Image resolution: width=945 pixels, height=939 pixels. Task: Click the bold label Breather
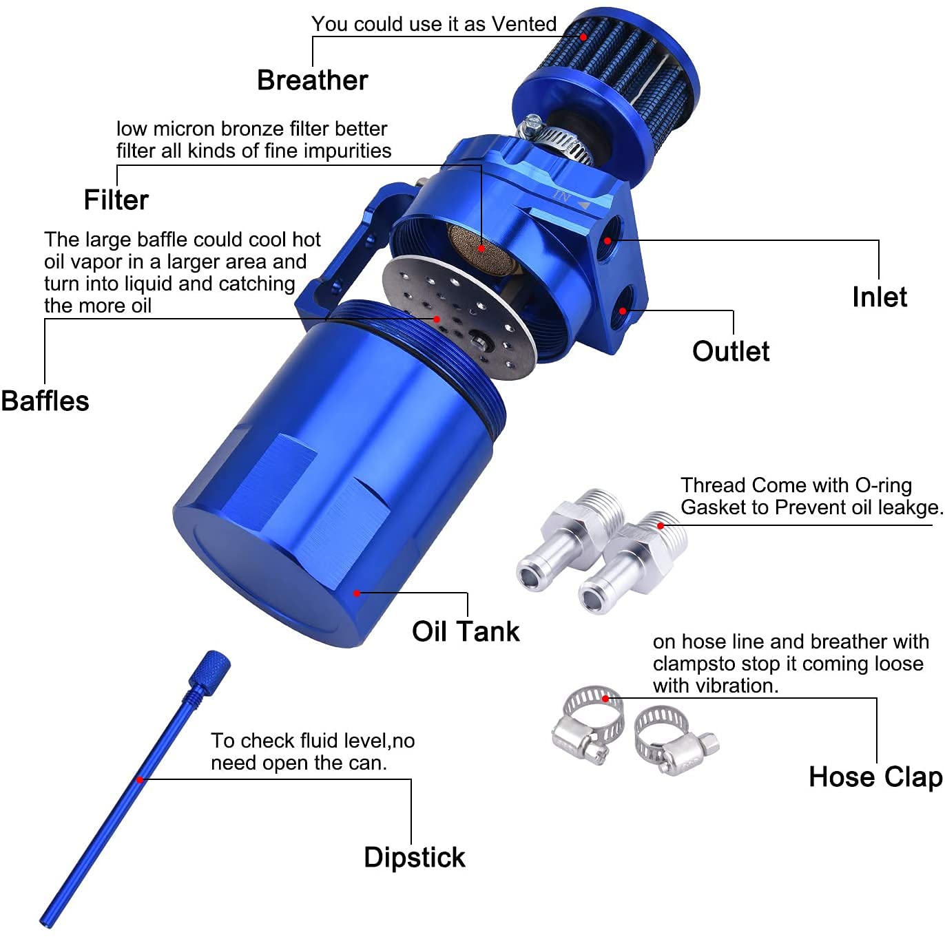point(312,81)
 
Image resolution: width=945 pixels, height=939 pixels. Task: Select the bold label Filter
point(116,200)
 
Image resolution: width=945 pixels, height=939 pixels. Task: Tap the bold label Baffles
point(45,401)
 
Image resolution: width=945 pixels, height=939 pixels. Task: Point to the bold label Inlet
point(879,297)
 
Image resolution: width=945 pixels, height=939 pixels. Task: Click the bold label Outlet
point(731,351)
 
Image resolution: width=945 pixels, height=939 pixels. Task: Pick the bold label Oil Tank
point(466,631)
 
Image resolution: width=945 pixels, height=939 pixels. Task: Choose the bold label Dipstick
point(414,858)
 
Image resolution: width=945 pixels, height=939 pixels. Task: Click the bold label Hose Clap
point(875,777)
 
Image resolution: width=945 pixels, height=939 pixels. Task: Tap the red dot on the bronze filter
point(481,249)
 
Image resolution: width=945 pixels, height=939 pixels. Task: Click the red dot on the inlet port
point(607,240)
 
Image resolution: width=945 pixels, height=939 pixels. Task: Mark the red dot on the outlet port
point(623,311)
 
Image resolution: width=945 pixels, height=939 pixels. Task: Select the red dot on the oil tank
point(357,593)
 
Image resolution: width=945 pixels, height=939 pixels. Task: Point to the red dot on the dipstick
point(140,779)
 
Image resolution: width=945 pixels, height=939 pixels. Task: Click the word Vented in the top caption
point(523,24)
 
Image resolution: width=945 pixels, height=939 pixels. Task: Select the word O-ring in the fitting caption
point(883,485)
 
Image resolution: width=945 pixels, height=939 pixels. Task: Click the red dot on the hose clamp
point(606,698)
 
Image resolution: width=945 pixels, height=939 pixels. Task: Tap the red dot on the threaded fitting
point(661,525)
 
